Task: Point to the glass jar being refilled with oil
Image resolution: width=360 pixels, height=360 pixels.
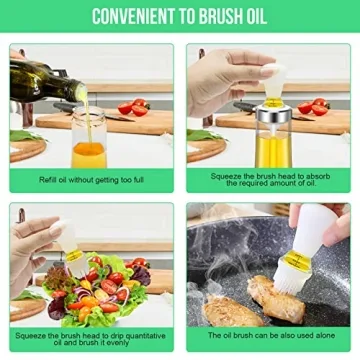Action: [88, 140]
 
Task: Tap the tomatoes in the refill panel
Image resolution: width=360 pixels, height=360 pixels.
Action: [135, 106]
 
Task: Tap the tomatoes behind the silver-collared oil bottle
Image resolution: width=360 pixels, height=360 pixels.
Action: [314, 106]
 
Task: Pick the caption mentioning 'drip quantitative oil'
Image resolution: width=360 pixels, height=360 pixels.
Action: [90, 339]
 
